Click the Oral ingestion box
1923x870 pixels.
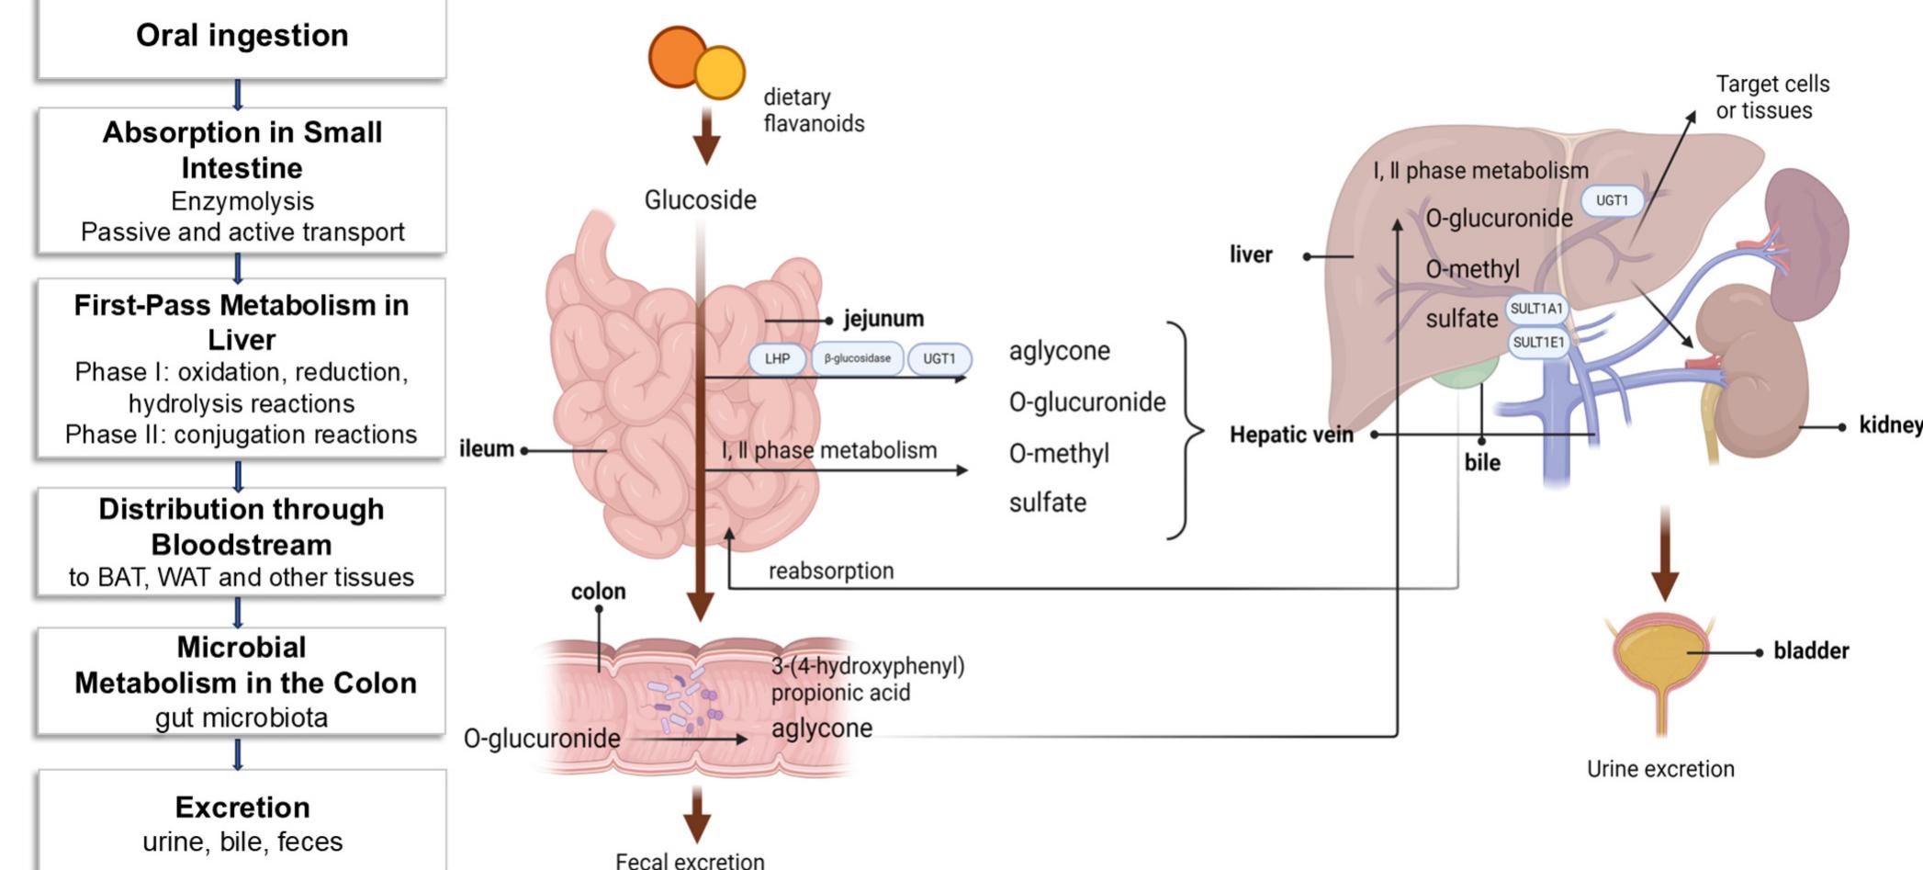[242, 37]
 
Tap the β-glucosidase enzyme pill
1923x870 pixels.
[857, 358]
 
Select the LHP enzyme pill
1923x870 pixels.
[777, 358]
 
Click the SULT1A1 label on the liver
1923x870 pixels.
[1536, 309]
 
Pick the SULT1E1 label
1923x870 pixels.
[1538, 343]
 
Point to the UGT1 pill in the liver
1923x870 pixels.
[1612, 200]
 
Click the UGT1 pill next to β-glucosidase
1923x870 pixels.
[939, 358]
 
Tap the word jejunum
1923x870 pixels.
[883, 319]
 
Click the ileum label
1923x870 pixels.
[487, 449]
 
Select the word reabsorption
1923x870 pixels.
[831, 571]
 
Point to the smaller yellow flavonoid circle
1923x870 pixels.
[719, 73]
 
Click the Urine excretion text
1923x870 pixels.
[1660, 769]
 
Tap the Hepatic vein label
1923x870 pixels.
[1291, 435]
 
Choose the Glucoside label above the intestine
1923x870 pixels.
[700, 199]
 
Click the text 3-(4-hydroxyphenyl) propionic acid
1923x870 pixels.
[867, 679]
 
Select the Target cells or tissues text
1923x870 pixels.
[1771, 97]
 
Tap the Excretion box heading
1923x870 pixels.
[242, 807]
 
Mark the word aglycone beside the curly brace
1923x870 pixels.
[1059, 351]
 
